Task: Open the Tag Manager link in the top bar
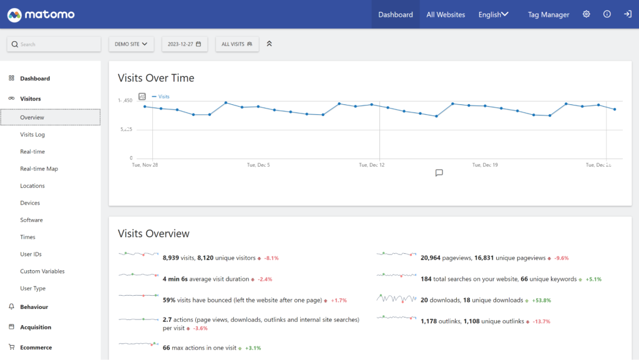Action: coord(548,14)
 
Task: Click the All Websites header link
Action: coord(446,14)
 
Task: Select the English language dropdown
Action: coord(493,14)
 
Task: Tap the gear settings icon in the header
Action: coord(586,14)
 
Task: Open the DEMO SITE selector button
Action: coord(131,44)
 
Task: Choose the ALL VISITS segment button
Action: coord(237,44)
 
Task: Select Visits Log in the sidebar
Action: coord(32,135)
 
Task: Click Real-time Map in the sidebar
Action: coord(39,169)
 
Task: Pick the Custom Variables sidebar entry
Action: coord(42,271)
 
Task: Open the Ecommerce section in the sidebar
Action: coord(36,348)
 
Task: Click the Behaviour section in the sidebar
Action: coord(34,307)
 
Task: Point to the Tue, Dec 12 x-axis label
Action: coord(371,165)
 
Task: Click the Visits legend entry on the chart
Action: coord(163,97)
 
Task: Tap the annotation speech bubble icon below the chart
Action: coord(439,173)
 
